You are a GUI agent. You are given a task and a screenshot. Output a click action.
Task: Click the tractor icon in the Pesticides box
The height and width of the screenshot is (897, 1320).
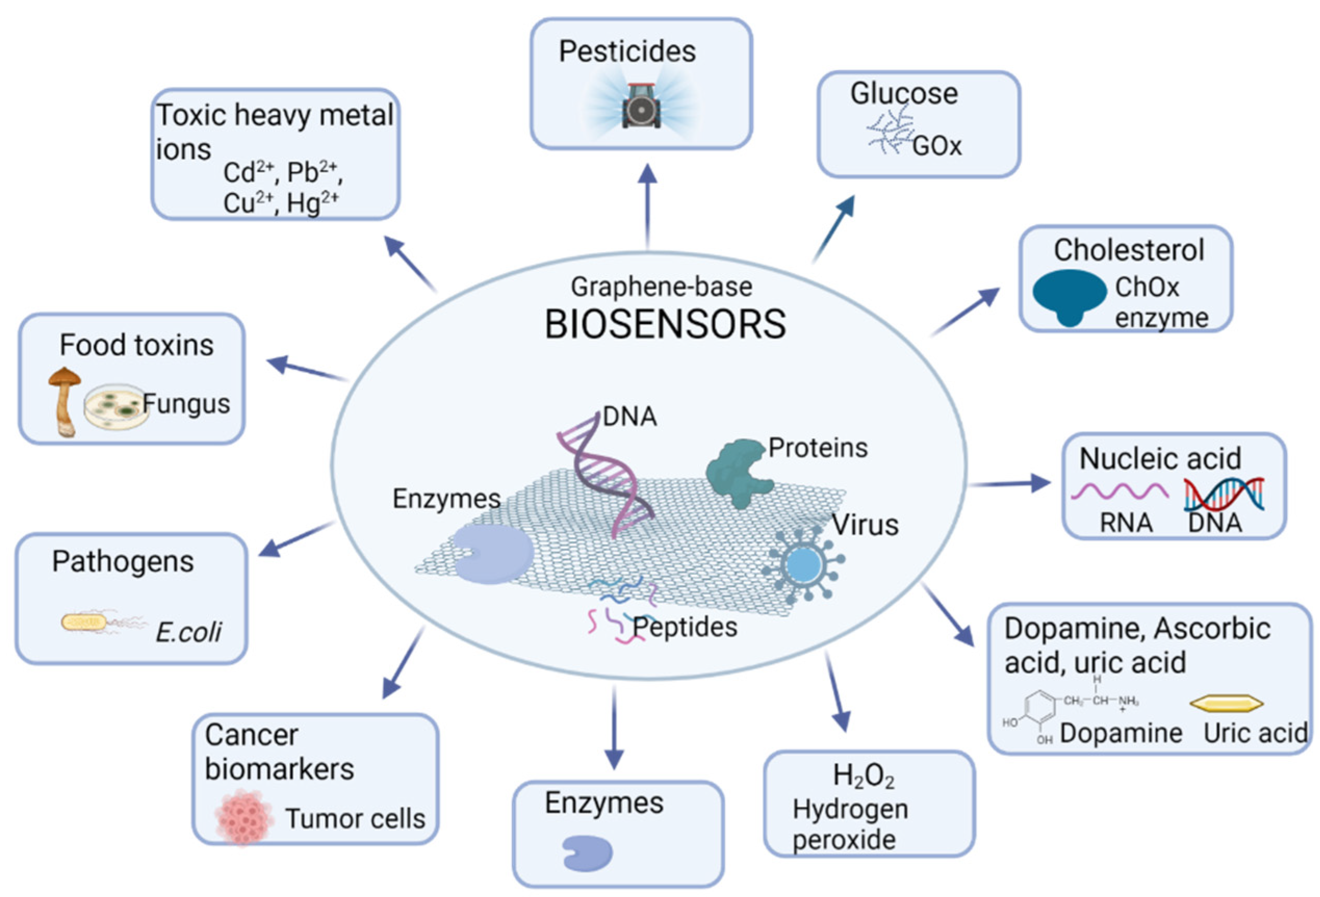pos(641,106)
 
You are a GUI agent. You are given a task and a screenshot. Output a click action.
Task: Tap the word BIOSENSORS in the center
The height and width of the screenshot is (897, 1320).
pos(665,324)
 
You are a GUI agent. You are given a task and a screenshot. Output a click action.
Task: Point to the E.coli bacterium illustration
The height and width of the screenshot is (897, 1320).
pos(85,622)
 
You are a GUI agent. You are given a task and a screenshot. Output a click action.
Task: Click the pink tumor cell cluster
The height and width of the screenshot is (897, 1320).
pos(243,816)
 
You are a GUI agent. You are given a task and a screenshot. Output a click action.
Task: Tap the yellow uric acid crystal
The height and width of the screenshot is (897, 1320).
pos(1226,704)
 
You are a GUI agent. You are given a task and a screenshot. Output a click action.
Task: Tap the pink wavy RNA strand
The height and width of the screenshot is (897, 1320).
pos(1119,490)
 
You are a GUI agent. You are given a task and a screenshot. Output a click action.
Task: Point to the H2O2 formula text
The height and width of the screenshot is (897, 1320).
pos(863,776)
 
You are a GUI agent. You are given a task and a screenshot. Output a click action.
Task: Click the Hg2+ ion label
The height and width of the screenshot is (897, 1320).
pos(313,203)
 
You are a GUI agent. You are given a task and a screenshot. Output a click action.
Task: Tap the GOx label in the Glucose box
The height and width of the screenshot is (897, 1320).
pos(937,147)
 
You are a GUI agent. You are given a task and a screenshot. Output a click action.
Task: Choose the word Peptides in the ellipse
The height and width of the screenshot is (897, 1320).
pos(685,627)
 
